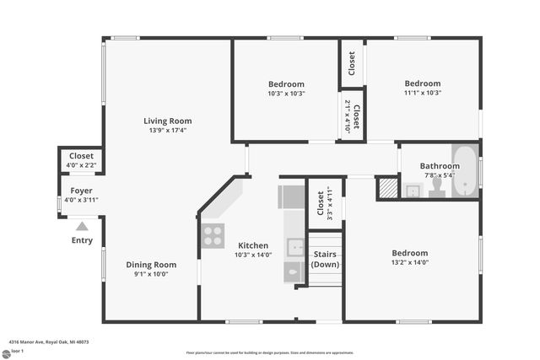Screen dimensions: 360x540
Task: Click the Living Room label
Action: (x=166, y=121)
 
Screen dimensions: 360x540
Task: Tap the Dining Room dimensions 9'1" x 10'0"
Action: (x=152, y=274)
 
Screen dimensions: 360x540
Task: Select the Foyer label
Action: (x=81, y=191)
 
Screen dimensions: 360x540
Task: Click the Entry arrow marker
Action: (x=82, y=226)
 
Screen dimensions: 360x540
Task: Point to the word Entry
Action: (x=82, y=241)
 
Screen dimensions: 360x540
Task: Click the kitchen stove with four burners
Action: (x=213, y=235)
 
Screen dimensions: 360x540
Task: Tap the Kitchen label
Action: (x=252, y=245)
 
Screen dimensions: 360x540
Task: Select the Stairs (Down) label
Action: (x=325, y=259)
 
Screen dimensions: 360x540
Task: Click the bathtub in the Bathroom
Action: (x=465, y=171)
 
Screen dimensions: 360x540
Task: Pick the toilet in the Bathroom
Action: (x=436, y=187)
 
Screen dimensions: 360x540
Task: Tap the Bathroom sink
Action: (x=412, y=191)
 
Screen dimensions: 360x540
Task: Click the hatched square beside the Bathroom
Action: (x=386, y=187)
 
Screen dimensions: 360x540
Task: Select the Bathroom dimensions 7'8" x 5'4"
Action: (x=439, y=175)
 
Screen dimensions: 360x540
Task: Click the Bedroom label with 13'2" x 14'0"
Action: (x=409, y=252)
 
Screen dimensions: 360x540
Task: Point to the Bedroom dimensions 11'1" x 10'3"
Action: (x=422, y=93)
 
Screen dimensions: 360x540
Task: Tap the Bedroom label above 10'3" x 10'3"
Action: (x=286, y=83)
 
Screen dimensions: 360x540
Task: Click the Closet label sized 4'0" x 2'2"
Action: (x=81, y=156)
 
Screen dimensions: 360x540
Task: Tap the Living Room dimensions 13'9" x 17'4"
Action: (x=166, y=130)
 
